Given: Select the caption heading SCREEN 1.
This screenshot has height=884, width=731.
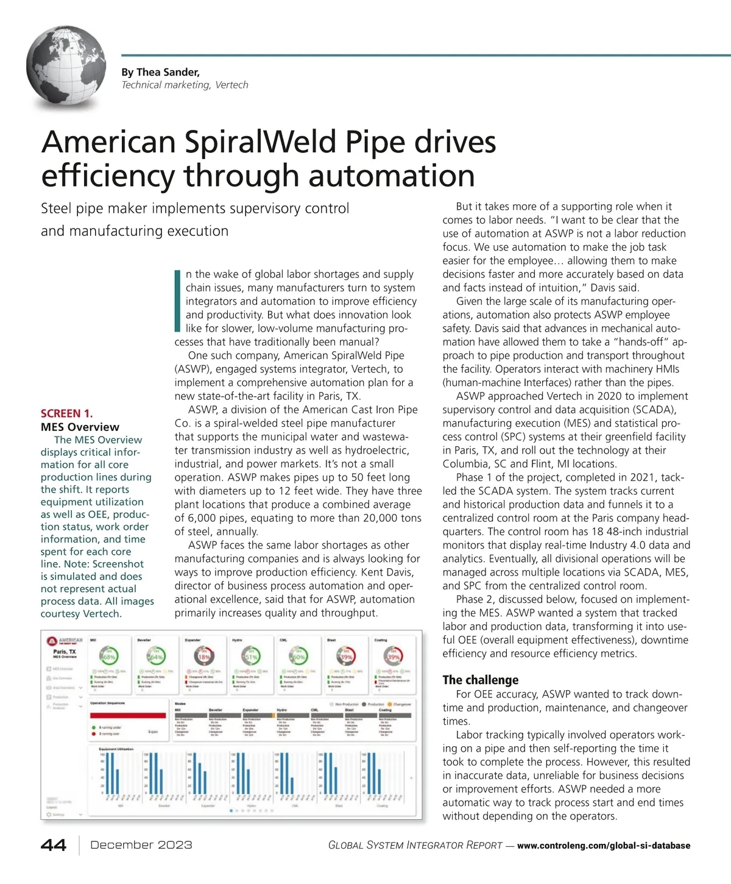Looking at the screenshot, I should click(x=67, y=413).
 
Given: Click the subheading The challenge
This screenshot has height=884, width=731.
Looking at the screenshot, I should click(x=480, y=680).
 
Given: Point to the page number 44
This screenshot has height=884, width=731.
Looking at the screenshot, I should click(x=54, y=845).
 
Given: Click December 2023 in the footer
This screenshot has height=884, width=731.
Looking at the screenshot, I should click(x=141, y=845).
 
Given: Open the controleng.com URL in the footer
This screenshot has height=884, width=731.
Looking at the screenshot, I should click(x=603, y=846).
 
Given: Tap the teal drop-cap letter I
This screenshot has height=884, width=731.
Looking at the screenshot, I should click(x=177, y=301).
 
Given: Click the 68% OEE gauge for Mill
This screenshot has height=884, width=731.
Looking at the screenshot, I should click(x=108, y=657).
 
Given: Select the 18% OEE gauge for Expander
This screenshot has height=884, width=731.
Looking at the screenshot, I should click(x=203, y=657).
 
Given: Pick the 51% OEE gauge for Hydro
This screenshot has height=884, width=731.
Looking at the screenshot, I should click(x=250, y=657).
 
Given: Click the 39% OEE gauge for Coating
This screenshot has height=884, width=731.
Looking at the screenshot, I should click(x=393, y=657).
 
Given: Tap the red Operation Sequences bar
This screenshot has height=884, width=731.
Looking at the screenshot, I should click(x=127, y=716).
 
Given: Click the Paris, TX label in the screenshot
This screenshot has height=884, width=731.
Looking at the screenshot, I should click(x=65, y=652).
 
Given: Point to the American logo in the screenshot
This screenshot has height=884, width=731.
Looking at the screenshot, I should click(x=66, y=641).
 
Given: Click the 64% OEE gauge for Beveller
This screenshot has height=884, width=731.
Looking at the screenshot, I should click(x=155, y=657).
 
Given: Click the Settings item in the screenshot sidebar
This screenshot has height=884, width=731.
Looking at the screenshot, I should click(x=58, y=814).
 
